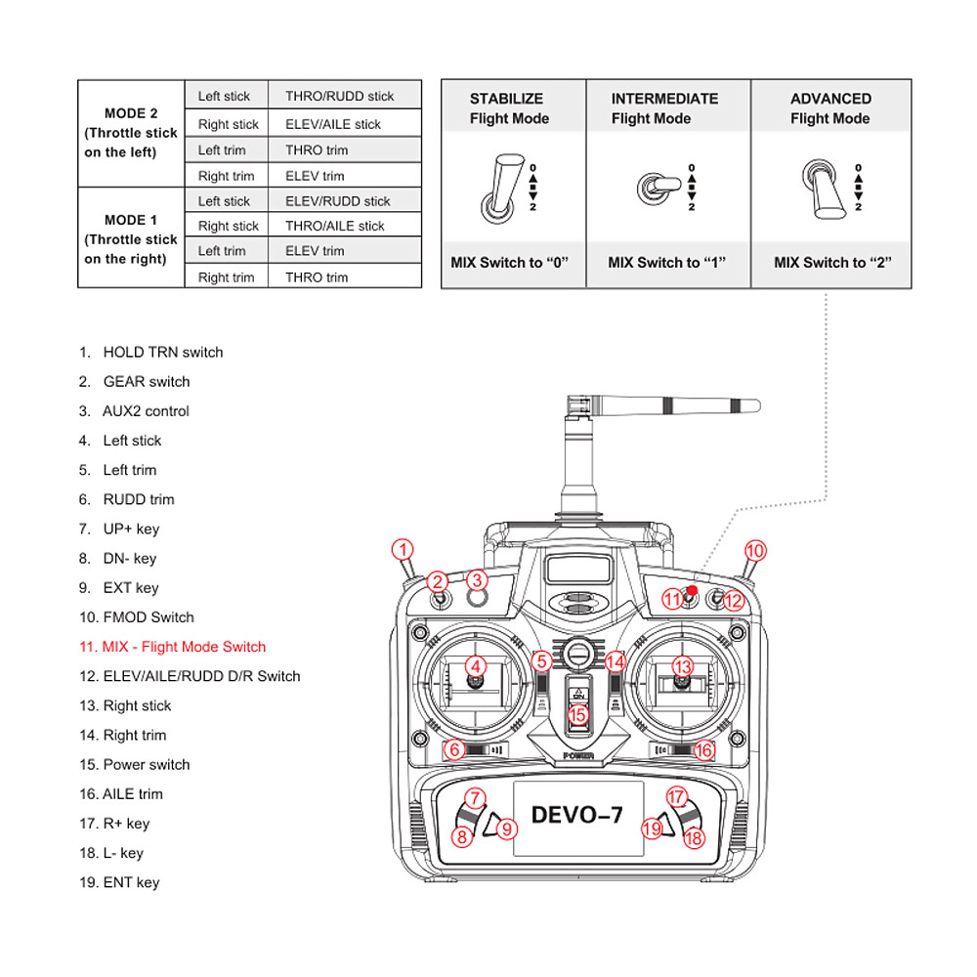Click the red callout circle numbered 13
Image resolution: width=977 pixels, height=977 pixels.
pyautogui.click(x=683, y=666)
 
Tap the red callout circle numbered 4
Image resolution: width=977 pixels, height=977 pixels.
pyautogui.click(x=476, y=666)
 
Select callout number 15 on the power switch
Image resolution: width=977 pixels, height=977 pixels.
pyautogui.click(x=577, y=714)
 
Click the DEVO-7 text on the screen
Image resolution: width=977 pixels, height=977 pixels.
pyautogui.click(x=576, y=814)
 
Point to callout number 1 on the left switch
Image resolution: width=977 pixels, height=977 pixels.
pyautogui.click(x=403, y=549)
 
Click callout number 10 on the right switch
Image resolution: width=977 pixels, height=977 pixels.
pyautogui.click(x=755, y=549)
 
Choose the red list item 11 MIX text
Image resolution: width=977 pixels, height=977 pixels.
pyautogui.click(x=173, y=647)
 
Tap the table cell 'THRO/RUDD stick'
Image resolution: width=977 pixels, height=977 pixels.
pyautogui.click(x=339, y=96)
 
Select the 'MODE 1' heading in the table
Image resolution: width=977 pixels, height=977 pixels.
pyautogui.click(x=131, y=220)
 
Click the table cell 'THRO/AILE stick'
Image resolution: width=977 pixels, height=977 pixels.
pyautogui.click(x=334, y=226)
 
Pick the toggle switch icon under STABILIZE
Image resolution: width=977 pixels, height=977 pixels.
pyautogui.click(x=499, y=187)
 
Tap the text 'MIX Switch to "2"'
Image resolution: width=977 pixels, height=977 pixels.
pyautogui.click(x=832, y=262)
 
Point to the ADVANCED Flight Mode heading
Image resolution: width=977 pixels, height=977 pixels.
pyautogui.click(x=830, y=108)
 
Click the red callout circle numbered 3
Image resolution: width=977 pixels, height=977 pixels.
pyautogui.click(x=477, y=579)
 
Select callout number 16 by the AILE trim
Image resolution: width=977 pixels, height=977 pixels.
pyautogui.click(x=703, y=750)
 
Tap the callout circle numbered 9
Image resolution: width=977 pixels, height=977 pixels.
pyautogui.click(x=506, y=829)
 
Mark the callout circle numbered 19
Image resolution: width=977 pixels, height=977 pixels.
pyautogui.click(x=652, y=829)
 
